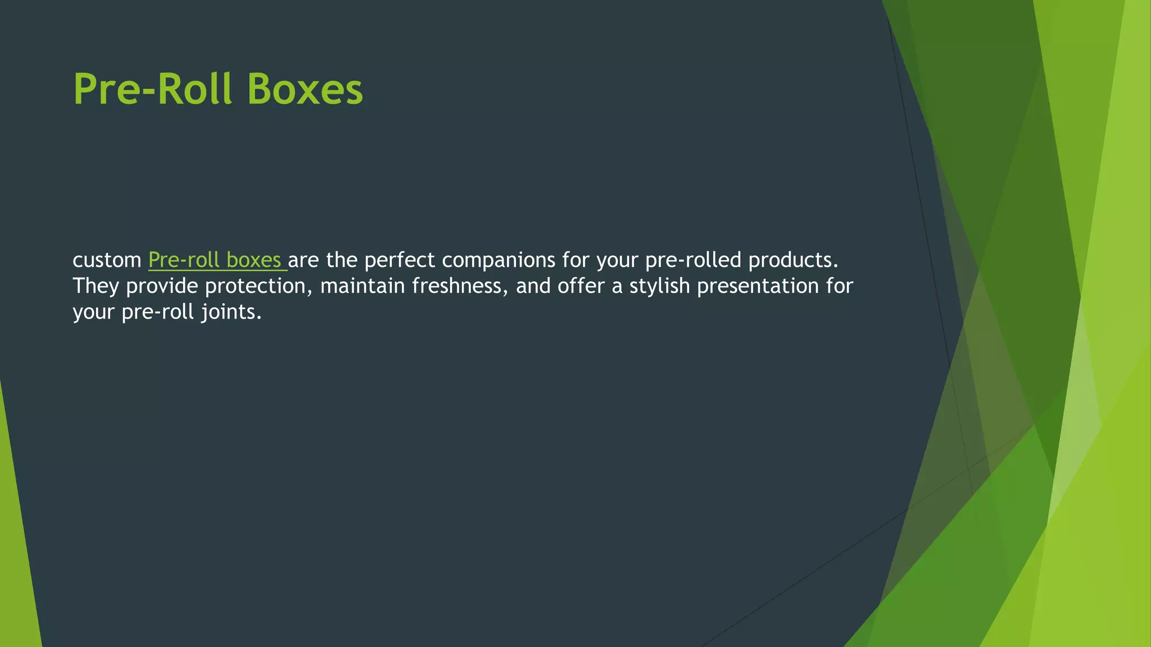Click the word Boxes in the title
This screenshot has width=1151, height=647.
(305, 89)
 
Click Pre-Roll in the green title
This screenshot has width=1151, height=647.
(152, 89)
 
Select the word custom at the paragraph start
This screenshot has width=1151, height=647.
(107, 260)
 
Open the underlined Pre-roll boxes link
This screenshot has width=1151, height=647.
(217, 260)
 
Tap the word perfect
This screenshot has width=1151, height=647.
(399, 260)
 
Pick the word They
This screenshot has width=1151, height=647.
(96, 286)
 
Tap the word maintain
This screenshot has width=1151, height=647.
(362, 286)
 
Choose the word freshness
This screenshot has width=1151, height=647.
(460, 286)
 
